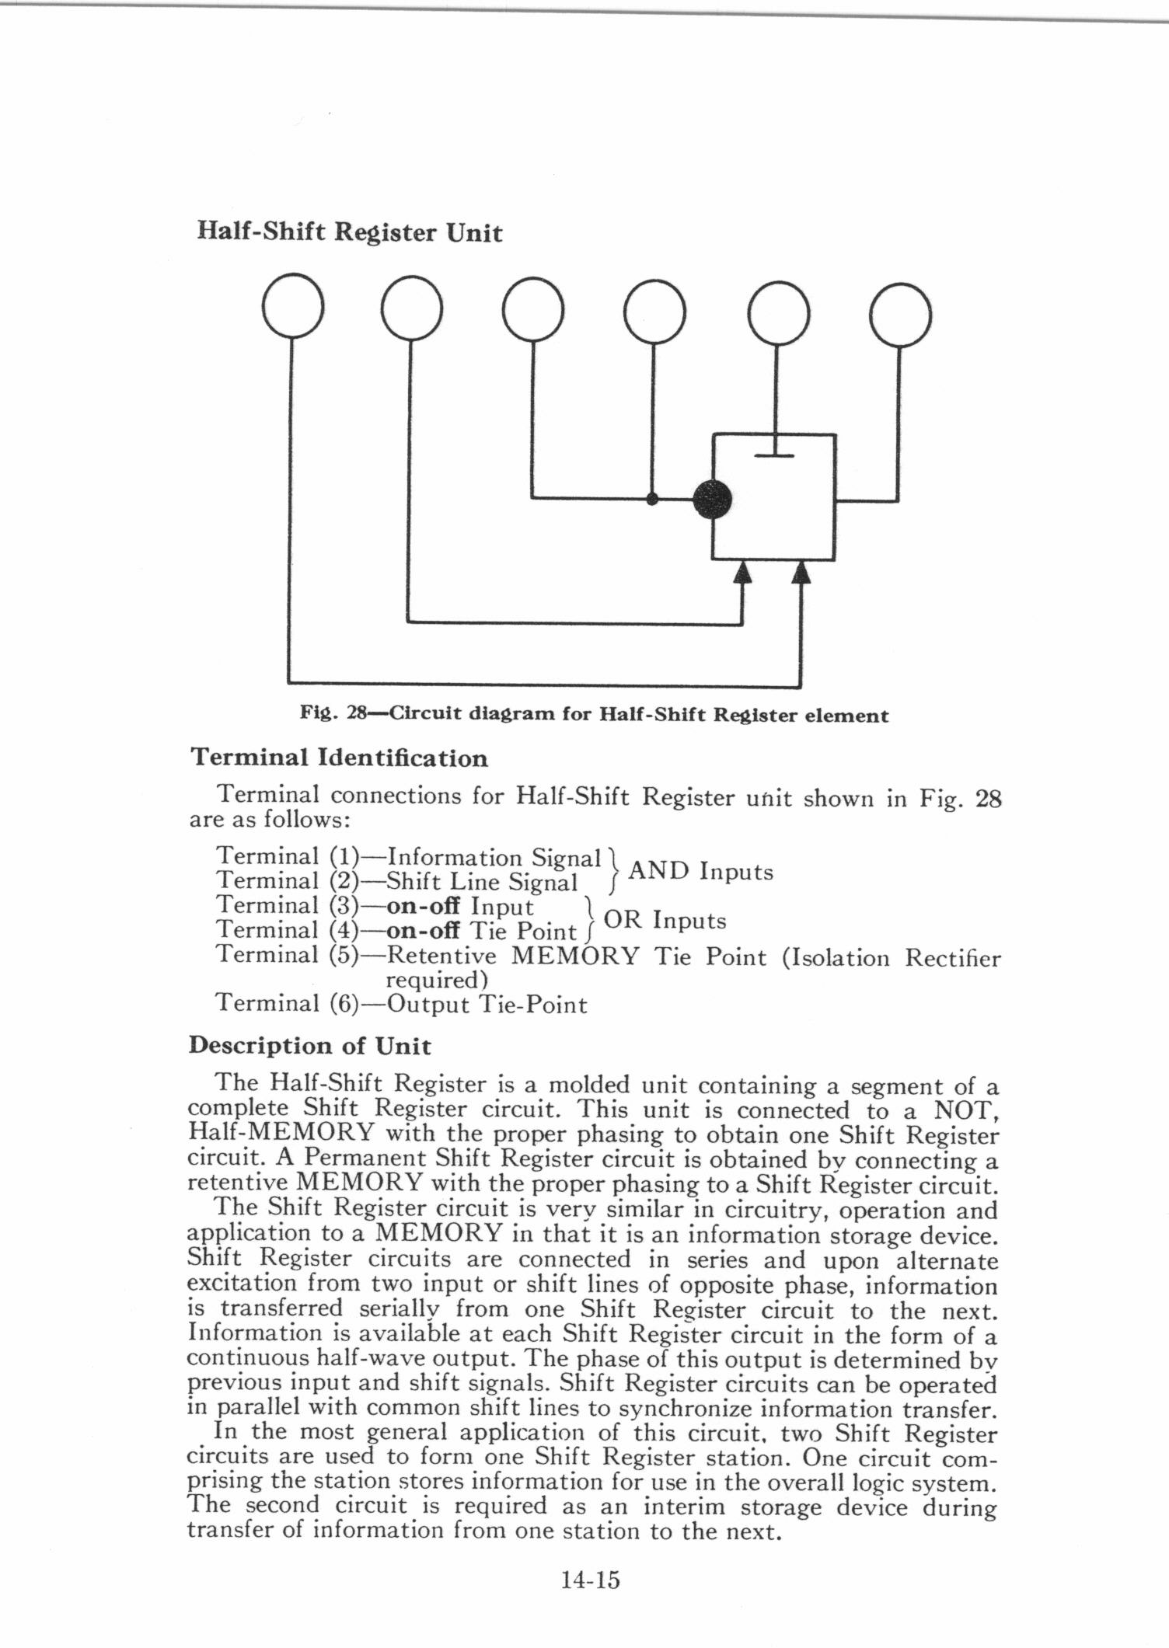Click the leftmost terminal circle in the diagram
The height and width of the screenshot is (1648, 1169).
(x=293, y=306)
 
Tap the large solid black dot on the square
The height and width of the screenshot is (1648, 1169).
(x=712, y=500)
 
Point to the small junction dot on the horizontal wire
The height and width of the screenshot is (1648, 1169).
(x=652, y=500)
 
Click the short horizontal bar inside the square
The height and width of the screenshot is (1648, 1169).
(x=774, y=456)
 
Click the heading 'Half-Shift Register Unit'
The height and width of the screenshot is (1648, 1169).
(x=349, y=232)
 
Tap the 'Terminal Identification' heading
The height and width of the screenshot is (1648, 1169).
(x=339, y=758)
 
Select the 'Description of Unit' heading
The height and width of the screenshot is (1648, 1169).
(x=309, y=1045)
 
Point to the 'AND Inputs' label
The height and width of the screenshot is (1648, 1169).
(x=700, y=871)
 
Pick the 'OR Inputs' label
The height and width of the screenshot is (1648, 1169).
(x=665, y=920)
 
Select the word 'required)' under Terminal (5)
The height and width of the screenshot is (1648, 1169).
(x=431, y=981)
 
